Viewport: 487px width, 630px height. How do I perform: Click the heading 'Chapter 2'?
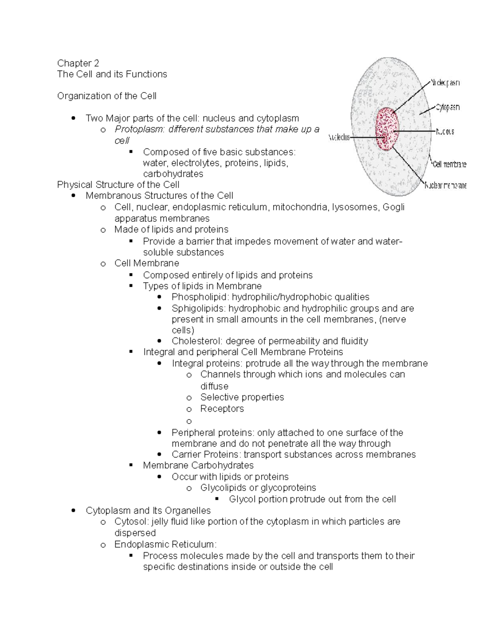click(x=78, y=63)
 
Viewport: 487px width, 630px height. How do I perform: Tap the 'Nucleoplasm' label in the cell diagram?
click(x=445, y=83)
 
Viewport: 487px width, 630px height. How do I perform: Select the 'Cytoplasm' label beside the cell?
click(x=448, y=108)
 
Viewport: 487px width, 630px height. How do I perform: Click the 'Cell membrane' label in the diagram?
click(x=449, y=164)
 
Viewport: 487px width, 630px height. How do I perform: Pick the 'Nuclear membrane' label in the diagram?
click(x=446, y=186)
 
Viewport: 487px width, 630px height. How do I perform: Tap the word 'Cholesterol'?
click(x=197, y=341)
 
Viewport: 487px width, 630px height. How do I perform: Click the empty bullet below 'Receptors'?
click(x=189, y=421)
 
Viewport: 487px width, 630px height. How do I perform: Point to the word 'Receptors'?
click(x=222, y=409)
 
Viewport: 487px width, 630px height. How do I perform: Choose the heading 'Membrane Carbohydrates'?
click(x=198, y=465)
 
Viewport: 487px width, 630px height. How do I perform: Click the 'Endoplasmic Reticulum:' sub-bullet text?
click(x=166, y=544)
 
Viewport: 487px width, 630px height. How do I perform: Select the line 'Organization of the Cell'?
click(x=106, y=96)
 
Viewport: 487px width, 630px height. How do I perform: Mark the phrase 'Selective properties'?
click(x=242, y=397)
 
